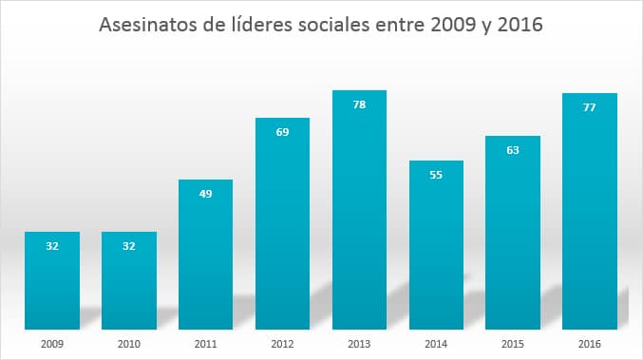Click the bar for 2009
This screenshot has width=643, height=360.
52,277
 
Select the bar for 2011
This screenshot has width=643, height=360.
205,252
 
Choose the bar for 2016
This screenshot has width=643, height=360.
590,208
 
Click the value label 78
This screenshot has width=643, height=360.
359,104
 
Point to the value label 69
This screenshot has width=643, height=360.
282,132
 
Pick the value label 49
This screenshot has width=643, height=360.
205,194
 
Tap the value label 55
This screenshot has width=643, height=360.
436,175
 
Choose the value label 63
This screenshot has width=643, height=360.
513,150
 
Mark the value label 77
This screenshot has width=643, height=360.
590,107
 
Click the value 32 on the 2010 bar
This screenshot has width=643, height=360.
129,246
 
